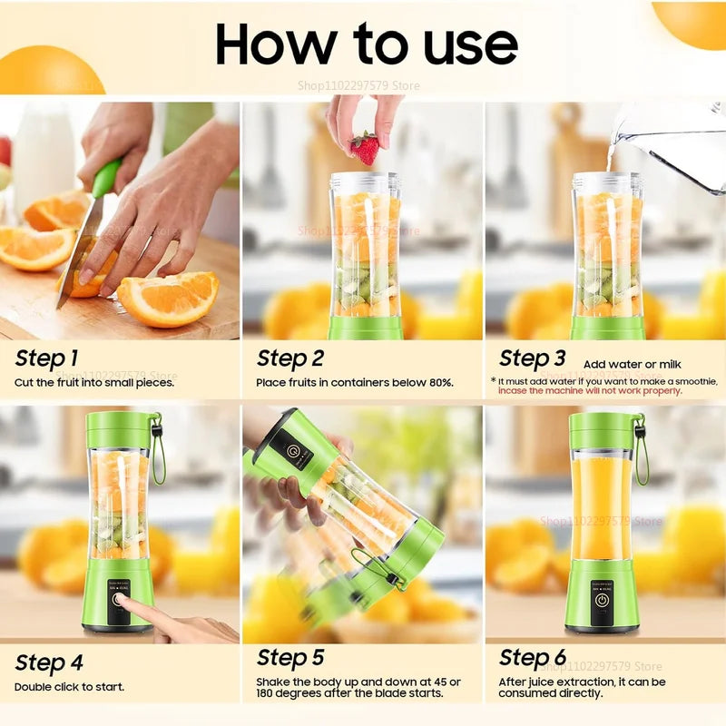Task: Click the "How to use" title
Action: point(366,44)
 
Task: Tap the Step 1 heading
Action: point(46,358)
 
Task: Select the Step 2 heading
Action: point(289,358)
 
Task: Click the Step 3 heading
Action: point(532,358)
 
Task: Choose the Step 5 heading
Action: point(289,658)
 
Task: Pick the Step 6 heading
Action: point(532,658)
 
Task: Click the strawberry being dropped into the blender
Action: point(365,148)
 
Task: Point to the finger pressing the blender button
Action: point(127,606)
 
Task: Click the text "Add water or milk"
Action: point(625,364)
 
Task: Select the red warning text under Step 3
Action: point(589,390)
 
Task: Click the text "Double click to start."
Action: point(69,687)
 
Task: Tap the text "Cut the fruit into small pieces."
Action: point(94,382)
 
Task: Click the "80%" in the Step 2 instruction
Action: point(439,382)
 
